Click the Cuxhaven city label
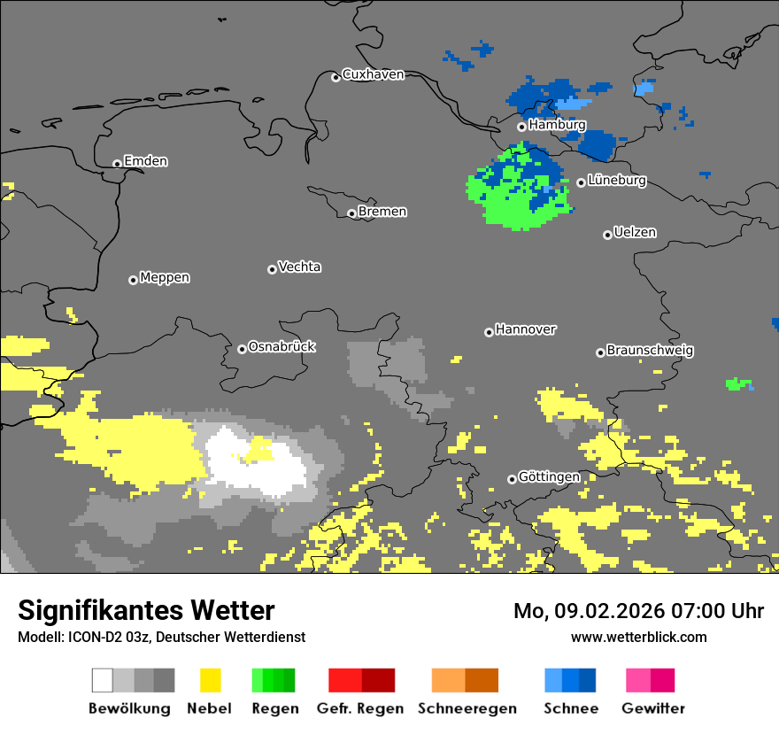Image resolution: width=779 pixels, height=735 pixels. click(x=373, y=74)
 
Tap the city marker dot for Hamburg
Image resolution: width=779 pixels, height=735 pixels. click(x=521, y=128)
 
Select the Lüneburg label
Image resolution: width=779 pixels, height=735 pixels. click(x=616, y=181)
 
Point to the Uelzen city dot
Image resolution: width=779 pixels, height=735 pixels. click(x=607, y=235)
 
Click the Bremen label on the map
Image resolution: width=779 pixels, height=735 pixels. click(x=382, y=212)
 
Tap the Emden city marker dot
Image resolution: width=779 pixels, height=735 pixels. click(x=117, y=164)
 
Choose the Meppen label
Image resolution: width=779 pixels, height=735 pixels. click(x=165, y=278)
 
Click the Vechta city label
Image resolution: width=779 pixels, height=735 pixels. click(x=299, y=267)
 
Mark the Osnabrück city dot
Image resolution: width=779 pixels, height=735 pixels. click(x=242, y=349)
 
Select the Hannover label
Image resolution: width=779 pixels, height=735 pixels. click(x=525, y=329)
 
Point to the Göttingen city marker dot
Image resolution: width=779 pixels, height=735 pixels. click(x=512, y=479)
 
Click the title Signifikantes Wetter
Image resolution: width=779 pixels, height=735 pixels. click(x=146, y=610)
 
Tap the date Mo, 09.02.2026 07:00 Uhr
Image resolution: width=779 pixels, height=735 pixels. click(x=638, y=611)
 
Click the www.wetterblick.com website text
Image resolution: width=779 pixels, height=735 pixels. click(x=638, y=637)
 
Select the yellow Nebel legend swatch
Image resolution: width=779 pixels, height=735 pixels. click(x=210, y=680)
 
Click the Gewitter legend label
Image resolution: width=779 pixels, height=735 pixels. click(x=652, y=708)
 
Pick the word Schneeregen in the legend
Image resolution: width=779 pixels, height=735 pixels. click(x=467, y=708)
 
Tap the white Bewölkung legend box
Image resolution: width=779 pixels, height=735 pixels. click(x=103, y=680)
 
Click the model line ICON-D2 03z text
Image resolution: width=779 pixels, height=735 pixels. click(x=161, y=637)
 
